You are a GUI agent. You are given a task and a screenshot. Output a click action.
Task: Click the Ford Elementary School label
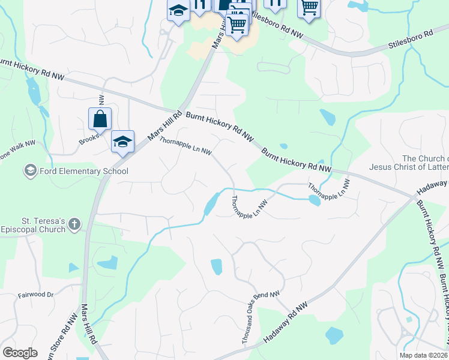(84, 172)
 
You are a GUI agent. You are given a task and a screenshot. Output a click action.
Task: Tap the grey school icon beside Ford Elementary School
(29, 172)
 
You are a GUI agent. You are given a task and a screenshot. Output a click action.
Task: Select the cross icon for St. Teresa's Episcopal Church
(74, 225)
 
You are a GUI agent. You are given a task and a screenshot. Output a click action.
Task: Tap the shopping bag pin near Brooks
(100, 119)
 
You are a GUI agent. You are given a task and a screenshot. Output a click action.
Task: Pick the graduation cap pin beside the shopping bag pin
(122, 142)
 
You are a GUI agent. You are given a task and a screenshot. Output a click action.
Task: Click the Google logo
(20, 353)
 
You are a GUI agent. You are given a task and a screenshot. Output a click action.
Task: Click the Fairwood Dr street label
(35, 295)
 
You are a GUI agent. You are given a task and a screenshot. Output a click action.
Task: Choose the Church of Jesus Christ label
(409, 163)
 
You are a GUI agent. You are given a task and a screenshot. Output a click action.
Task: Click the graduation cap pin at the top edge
(178, 10)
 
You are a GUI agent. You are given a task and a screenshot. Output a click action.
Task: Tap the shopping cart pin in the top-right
(309, 8)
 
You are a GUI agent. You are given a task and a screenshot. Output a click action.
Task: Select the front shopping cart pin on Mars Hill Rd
(237, 25)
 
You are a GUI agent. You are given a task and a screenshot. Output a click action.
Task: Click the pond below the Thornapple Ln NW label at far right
(314, 200)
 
